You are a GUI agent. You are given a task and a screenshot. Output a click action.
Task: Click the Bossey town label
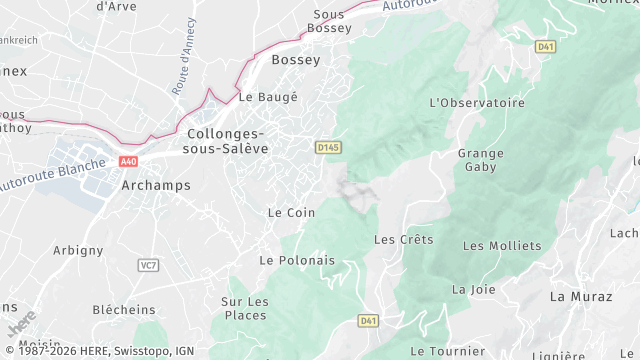(x=296, y=60)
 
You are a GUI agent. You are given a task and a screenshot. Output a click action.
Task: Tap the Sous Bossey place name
(x=328, y=21)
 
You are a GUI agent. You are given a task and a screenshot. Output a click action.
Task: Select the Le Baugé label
(x=268, y=97)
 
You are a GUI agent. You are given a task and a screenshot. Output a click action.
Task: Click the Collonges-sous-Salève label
(x=225, y=141)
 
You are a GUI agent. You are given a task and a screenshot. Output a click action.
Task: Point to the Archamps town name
(x=155, y=185)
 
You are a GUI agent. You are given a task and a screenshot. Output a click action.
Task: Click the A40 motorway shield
(x=127, y=160)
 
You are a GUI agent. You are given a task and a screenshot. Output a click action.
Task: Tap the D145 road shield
(x=328, y=146)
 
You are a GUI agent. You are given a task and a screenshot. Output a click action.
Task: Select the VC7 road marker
(x=148, y=265)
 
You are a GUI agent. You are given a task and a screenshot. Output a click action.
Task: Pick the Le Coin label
(x=291, y=213)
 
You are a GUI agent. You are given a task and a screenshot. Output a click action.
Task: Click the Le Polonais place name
(x=296, y=260)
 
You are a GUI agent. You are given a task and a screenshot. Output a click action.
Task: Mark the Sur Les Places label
(x=245, y=309)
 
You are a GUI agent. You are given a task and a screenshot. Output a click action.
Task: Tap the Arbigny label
(x=77, y=249)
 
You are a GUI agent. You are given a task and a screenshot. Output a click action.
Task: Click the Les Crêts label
(x=403, y=240)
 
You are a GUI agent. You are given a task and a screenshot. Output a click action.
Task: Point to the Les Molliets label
(x=501, y=245)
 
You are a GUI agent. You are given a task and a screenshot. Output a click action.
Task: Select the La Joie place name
(x=473, y=289)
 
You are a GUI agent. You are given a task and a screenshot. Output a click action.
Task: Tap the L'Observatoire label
(x=477, y=103)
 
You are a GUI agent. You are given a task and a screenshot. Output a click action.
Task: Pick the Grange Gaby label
(x=480, y=160)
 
